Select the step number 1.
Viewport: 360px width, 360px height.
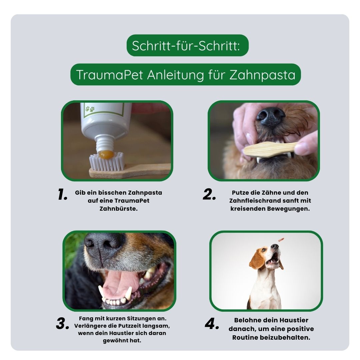(x=63, y=195)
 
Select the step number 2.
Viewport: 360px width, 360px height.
(x=209, y=195)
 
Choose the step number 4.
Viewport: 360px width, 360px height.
(x=212, y=324)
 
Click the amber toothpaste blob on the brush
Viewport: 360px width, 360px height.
(x=107, y=154)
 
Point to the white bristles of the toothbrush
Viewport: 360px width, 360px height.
(x=107, y=163)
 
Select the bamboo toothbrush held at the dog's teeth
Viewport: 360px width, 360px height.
(x=270, y=149)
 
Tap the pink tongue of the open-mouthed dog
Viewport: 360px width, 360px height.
(x=117, y=283)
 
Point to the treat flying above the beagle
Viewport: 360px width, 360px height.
(x=281, y=239)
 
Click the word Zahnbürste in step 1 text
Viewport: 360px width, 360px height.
(x=118, y=209)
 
